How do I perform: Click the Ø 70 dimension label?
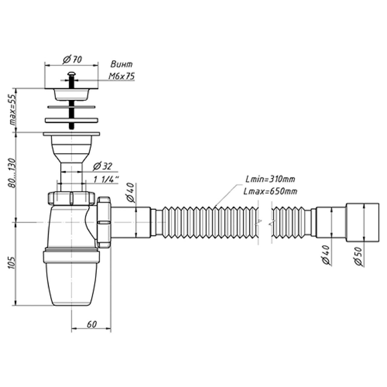(72, 60)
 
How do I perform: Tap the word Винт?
(122, 64)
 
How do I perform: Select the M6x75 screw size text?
(122, 76)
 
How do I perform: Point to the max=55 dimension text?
(13, 110)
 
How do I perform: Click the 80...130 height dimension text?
(12, 173)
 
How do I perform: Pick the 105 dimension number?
(11, 262)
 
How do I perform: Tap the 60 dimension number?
(92, 324)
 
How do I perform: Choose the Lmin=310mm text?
(270, 179)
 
